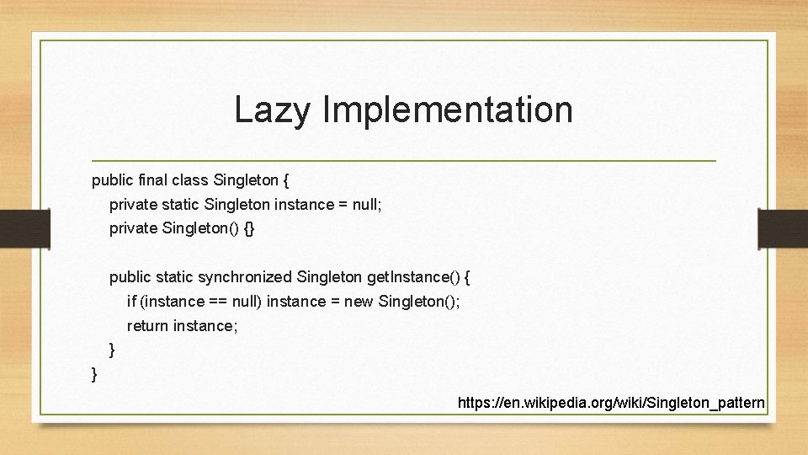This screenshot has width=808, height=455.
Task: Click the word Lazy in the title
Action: click(271, 110)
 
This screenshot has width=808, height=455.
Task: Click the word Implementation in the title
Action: click(447, 110)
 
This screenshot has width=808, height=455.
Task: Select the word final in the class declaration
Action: click(149, 179)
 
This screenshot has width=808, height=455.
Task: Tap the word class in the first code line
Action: click(190, 179)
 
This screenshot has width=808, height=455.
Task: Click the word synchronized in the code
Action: click(245, 276)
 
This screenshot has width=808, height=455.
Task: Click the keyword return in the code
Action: click(148, 325)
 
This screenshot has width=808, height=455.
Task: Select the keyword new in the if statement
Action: click(359, 301)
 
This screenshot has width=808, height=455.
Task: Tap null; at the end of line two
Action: click(366, 204)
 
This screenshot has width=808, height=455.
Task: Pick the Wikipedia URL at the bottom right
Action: click(611, 403)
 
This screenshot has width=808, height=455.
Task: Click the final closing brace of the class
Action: click(94, 372)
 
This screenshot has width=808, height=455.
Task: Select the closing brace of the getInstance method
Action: click(112, 349)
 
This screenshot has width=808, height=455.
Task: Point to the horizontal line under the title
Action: click(404, 160)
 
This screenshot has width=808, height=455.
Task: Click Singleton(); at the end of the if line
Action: click(419, 301)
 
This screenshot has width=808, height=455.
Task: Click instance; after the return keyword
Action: click(205, 325)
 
